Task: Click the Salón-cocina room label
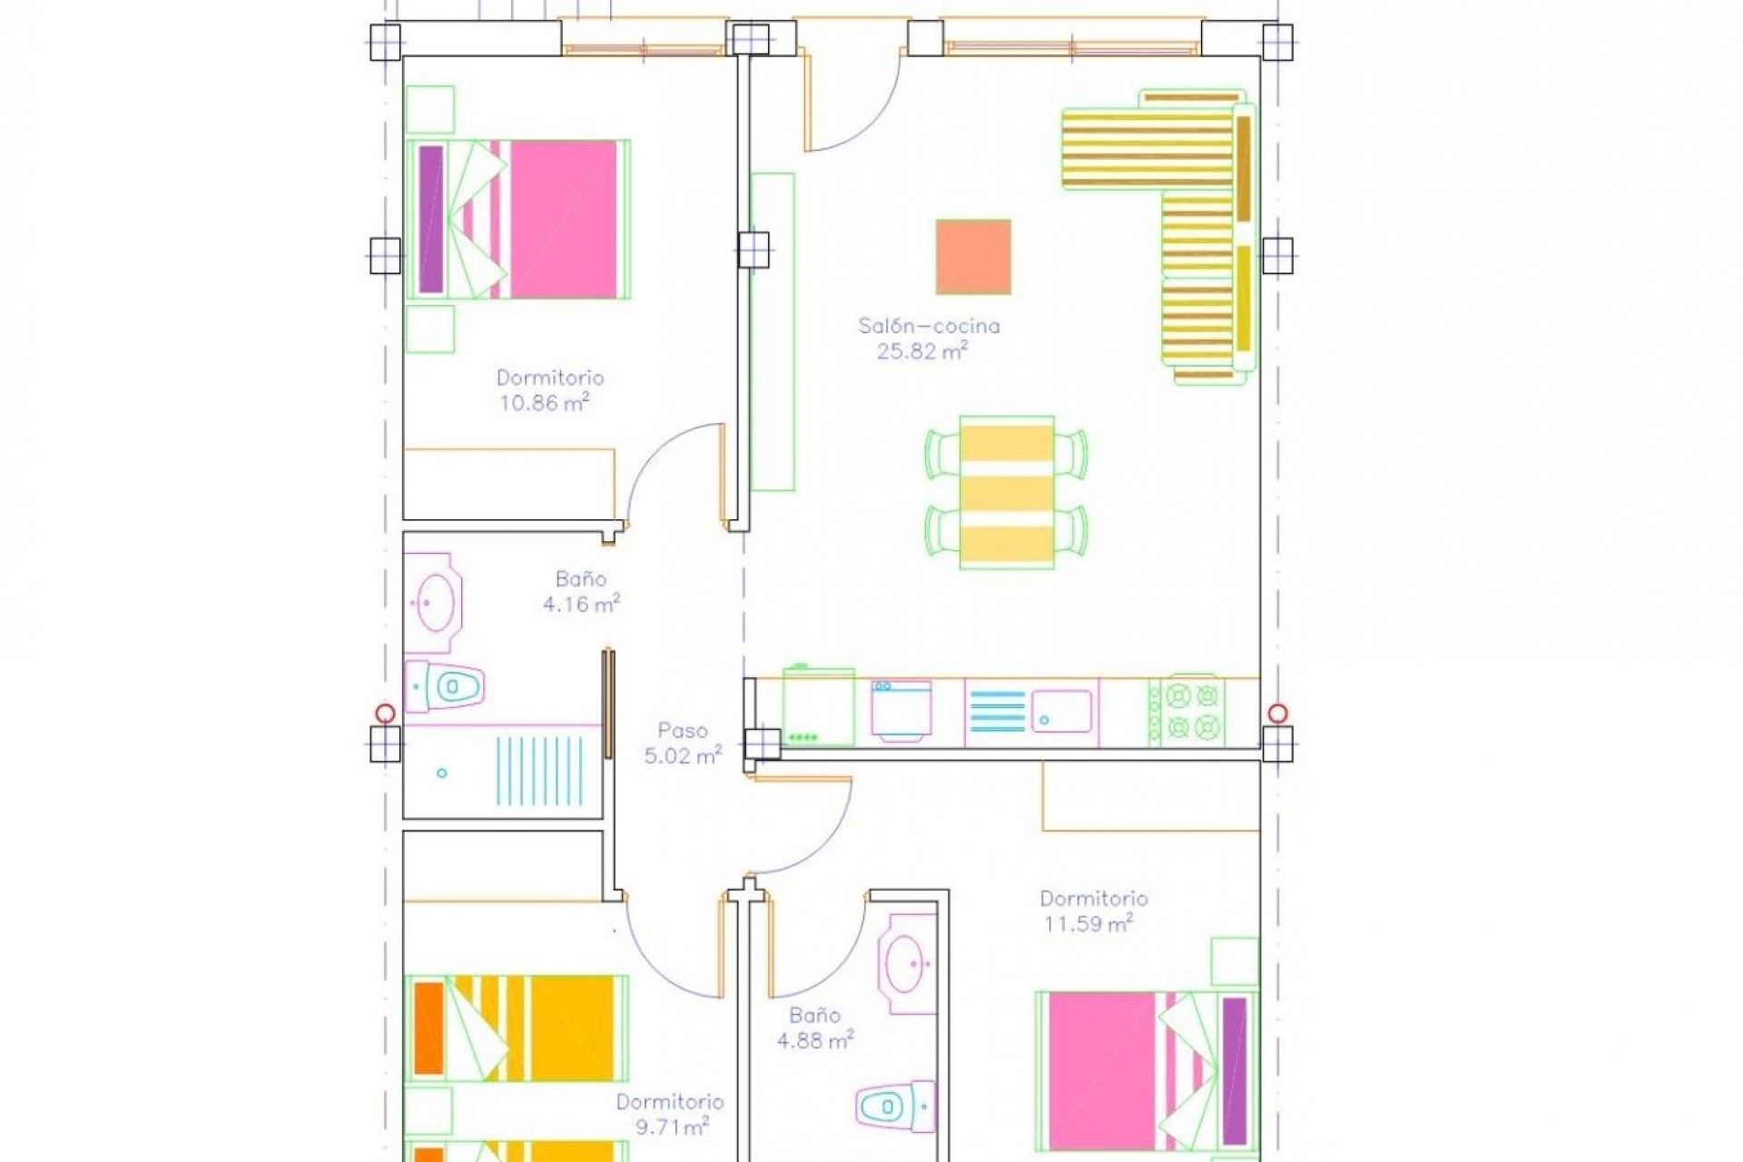929,326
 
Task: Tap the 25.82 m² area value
921,351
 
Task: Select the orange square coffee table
973,257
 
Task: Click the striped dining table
1007,492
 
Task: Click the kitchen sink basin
1061,711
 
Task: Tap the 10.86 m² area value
544,403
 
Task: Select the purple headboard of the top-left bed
431,219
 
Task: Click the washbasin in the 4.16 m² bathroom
436,602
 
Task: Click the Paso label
682,730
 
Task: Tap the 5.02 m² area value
683,755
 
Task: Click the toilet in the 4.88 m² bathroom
894,1107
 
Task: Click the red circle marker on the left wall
385,713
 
